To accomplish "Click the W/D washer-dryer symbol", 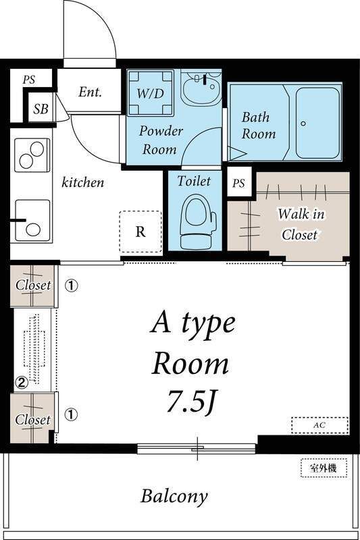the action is tap(151, 92).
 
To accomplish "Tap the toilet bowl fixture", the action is tap(197, 222).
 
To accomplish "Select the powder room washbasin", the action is tap(201, 88).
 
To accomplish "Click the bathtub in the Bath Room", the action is tap(318, 123).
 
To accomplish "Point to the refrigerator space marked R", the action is tap(140, 232).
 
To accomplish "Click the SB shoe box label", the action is tap(41, 109).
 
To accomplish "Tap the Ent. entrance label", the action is tap(91, 92).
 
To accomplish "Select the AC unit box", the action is tap(319, 425).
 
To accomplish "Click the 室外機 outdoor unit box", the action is tap(324, 468).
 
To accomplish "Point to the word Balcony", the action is tap(174, 497).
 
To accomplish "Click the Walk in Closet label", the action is tap(301, 224).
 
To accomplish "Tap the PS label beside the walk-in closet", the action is tap(238, 183).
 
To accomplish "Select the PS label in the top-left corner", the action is tap(29, 80).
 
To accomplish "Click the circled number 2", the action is tap(22, 383).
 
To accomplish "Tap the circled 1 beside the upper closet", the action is tap(72, 286).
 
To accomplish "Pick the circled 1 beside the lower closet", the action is tap(71, 414).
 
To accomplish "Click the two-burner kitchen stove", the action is tap(32, 155).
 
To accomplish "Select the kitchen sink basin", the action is tap(32, 221).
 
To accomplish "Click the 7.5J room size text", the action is tap(192, 402).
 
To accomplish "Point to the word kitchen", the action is tap(82, 182).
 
